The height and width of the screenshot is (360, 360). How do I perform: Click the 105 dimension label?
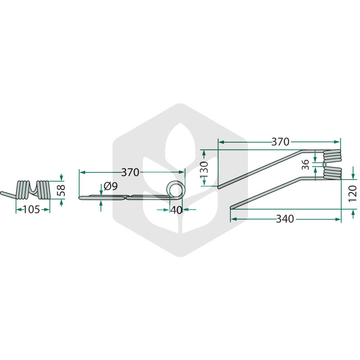pos(31,209)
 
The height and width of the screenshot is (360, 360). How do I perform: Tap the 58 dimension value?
pos(61,190)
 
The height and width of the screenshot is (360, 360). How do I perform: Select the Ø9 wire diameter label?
pos(111,186)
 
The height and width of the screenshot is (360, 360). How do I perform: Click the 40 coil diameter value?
pos(176,210)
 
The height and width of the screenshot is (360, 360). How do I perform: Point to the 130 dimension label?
pos(204,169)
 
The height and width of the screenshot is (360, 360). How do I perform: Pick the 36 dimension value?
pos(306,165)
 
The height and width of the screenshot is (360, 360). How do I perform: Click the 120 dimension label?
pos(353,194)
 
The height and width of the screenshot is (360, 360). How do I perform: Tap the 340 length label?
pos(285,219)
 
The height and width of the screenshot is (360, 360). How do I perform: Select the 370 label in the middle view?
pos(130,172)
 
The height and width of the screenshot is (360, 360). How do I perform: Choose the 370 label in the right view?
pos(280,142)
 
